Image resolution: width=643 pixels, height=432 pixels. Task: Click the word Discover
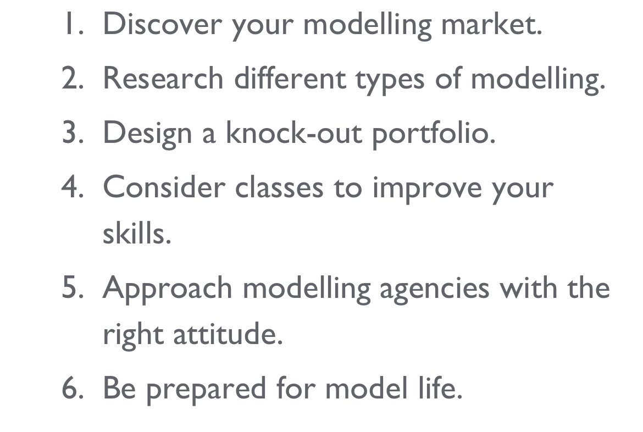pyautogui.click(x=162, y=24)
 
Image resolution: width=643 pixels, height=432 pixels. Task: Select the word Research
pyautogui.click(x=163, y=79)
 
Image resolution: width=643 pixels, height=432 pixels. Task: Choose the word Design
pyautogui.click(x=147, y=134)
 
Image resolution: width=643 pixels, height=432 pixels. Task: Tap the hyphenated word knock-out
pyautogui.click(x=293, y=134)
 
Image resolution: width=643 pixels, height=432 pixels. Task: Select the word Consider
pyautogui.click(x=164, y=188)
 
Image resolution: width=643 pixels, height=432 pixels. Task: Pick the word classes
pyautogui.click(x=279, y=188)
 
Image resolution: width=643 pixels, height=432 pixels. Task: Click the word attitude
pyautogui.click(x=228, y=334)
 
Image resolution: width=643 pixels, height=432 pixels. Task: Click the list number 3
pyautogui.click(x=72, y=134)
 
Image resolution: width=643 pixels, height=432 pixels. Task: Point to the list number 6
pyautogui.click(x=72, y=389)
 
